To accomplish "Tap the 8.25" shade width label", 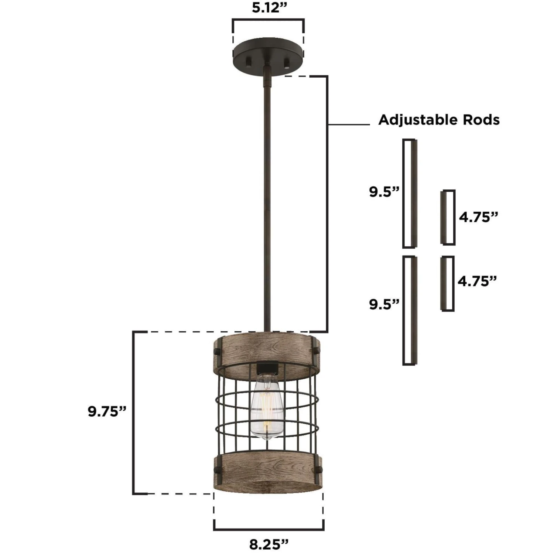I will pyautogui.click(x=269, y=544).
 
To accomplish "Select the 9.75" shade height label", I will pyautogui.click(x=107, y=411).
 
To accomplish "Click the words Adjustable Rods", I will pyautogui.click(x=439, y=120).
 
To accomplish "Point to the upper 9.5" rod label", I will pyautogui.click(x=384, y=192).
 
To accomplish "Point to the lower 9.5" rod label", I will pyautogui.click(x=384, y=304).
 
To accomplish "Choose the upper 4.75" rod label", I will pyautogui.click(x=478, y=217).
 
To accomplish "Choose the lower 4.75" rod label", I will pyautogui.click(x=477, y=281).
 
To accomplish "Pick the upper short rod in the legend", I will pyautogui.click(x=448, y=217).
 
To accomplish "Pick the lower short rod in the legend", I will pyautogui.click(x=447, y=283).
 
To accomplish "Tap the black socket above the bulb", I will pyautogui.click(x=267, y=368).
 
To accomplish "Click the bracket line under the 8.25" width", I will pyautogui.click(x=269, y=529).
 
